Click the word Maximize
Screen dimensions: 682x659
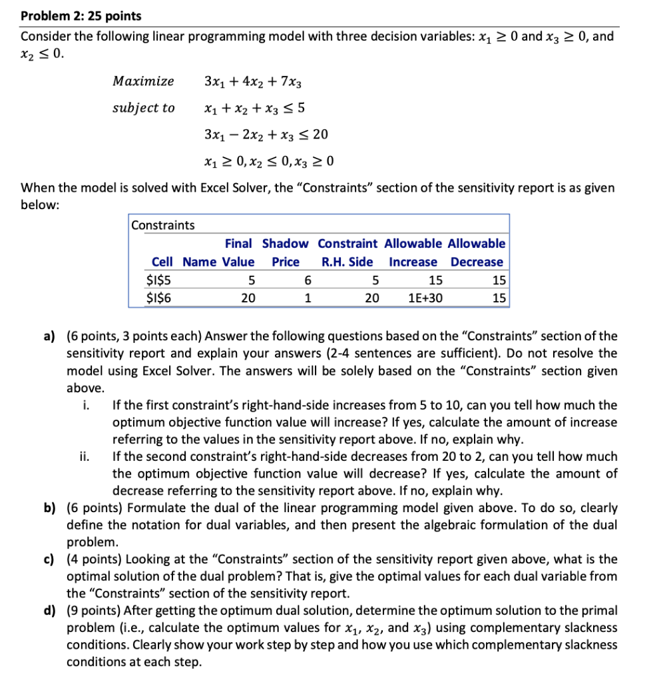coord(143,81)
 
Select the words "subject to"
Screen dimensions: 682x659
coord(144,108)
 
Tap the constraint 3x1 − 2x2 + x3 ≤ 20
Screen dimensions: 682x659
coord(266,135)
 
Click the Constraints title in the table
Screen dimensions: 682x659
coord(163,225)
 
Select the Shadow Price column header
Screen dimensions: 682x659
coord(286,252)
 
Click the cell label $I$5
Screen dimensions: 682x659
coord(158,280)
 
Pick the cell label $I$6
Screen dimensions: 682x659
coord(158,298)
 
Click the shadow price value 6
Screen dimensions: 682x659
coord(307,280)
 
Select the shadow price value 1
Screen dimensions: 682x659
coord(307,298)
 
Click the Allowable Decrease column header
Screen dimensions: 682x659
coord(477,252)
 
